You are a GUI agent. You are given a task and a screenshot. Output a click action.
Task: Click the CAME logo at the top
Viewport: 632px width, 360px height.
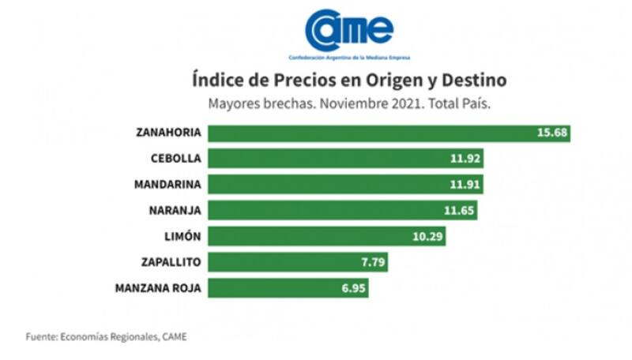pos(349,30)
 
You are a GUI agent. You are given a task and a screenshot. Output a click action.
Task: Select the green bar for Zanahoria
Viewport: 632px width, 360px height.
pos(390,132)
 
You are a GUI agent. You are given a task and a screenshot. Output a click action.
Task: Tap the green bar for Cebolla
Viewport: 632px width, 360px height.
pos(347,158)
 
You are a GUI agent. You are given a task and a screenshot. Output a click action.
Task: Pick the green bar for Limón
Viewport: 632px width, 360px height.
pos(328,236)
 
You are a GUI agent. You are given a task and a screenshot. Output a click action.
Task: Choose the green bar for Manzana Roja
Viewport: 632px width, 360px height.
pos(290,288)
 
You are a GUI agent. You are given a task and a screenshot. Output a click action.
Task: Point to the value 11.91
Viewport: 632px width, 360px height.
pos(465,184)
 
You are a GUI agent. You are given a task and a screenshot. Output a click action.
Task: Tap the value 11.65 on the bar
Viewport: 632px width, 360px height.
pos(458,210)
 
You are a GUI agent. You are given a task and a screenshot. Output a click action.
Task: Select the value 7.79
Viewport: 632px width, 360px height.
pos(371,262)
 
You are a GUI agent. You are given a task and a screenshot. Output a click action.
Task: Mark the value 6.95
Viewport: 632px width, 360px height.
pos(352,288)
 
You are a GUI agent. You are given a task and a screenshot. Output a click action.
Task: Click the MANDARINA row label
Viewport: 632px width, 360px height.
pos(167,184)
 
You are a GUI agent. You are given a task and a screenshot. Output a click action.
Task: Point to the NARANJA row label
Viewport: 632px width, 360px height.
pos(175,210)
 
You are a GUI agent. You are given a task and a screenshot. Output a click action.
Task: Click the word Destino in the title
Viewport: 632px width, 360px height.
pos(472,81)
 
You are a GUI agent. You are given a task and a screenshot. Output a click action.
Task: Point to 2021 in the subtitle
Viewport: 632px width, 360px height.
pos(406,103)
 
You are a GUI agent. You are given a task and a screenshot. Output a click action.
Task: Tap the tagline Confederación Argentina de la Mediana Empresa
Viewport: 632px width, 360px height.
pos(349,58)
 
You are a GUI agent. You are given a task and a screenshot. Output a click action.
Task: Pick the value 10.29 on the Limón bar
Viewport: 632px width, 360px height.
pos(427,236)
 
